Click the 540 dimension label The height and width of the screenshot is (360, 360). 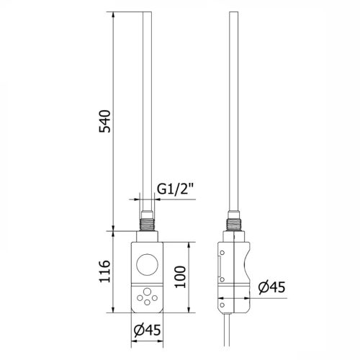click(105, 121)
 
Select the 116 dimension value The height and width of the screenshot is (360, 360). click(105, 271)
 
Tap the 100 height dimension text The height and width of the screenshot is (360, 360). click(180, 276)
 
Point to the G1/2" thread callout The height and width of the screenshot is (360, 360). click(175, 189)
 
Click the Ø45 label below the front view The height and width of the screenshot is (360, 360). click(147, 330)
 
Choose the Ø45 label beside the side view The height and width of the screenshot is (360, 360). click(272, 287)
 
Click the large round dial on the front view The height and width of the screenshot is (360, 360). click(147, 264)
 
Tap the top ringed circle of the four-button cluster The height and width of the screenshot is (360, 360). click(147, 292)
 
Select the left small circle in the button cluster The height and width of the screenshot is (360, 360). click(140, 298)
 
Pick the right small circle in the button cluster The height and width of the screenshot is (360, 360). click(155, 298)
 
